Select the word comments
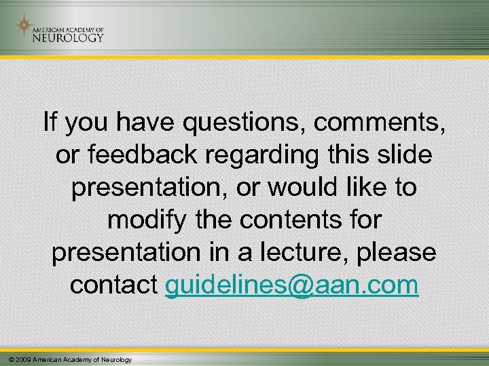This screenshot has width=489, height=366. pos(381,123)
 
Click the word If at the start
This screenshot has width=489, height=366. pos(50,123)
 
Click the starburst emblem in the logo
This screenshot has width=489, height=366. pos(25,26)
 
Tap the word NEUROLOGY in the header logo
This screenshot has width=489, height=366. pos(68,38)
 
